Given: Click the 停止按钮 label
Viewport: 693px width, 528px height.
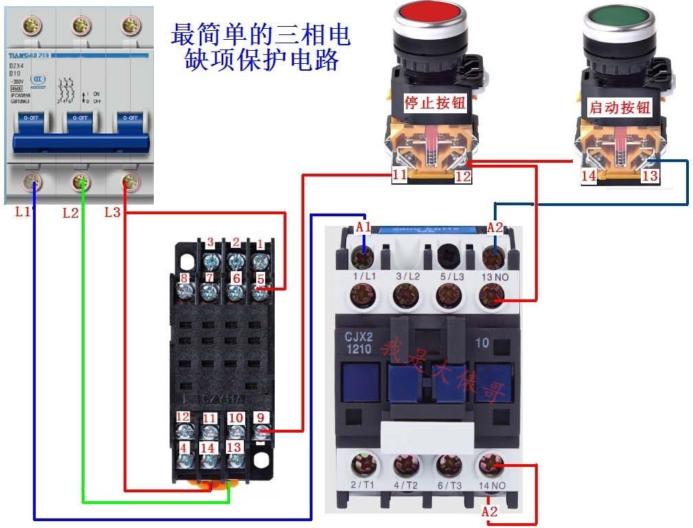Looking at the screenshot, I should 435,103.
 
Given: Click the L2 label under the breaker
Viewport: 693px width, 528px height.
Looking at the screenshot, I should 71,213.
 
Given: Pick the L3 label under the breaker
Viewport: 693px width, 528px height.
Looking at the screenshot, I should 113,212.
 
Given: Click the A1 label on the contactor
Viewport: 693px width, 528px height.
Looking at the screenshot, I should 363,227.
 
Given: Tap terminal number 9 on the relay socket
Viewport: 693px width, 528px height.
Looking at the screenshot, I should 260,417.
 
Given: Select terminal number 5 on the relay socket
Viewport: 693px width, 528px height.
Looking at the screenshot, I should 260,279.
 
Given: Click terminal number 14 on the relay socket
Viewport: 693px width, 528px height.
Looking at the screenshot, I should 209,448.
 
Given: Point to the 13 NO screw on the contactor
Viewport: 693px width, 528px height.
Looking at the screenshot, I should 491,296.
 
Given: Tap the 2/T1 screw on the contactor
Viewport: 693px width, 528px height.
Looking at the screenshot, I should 363,465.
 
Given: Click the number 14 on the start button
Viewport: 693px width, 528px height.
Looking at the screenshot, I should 589,176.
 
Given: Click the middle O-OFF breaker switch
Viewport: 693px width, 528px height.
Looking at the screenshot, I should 80,118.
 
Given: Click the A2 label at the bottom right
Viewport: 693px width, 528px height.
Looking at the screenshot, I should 489,512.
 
